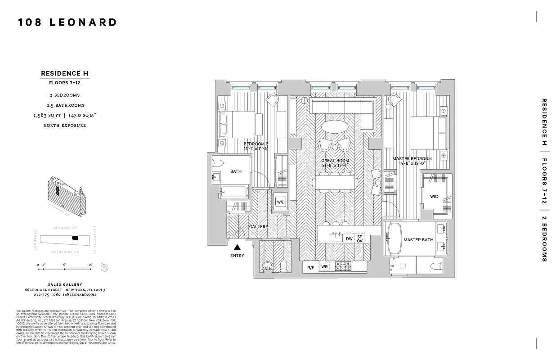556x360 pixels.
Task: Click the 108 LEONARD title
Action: coord(67,22)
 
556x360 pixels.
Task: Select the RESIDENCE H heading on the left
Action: coord(64,73)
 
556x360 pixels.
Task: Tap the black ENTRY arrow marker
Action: coord(237,247)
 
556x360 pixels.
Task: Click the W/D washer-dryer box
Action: coord(281,202)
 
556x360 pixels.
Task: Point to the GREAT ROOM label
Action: coord(335,161)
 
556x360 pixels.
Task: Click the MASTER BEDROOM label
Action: coord(412,159)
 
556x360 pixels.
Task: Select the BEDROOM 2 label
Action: coord(256,144)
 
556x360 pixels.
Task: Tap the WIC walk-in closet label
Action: coord(434,197)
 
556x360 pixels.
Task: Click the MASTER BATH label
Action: coord(418,240)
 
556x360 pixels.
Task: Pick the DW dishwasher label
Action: coord(349,239)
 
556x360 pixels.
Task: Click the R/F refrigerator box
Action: coord(310,268)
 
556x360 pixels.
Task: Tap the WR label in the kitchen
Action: coord(324,267)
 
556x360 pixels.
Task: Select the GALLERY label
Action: coord(259,227)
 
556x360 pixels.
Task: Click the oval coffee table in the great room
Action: coord(335,126)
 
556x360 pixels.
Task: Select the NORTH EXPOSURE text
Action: coord(64,125)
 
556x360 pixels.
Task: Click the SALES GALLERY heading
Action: coord(65,284)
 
